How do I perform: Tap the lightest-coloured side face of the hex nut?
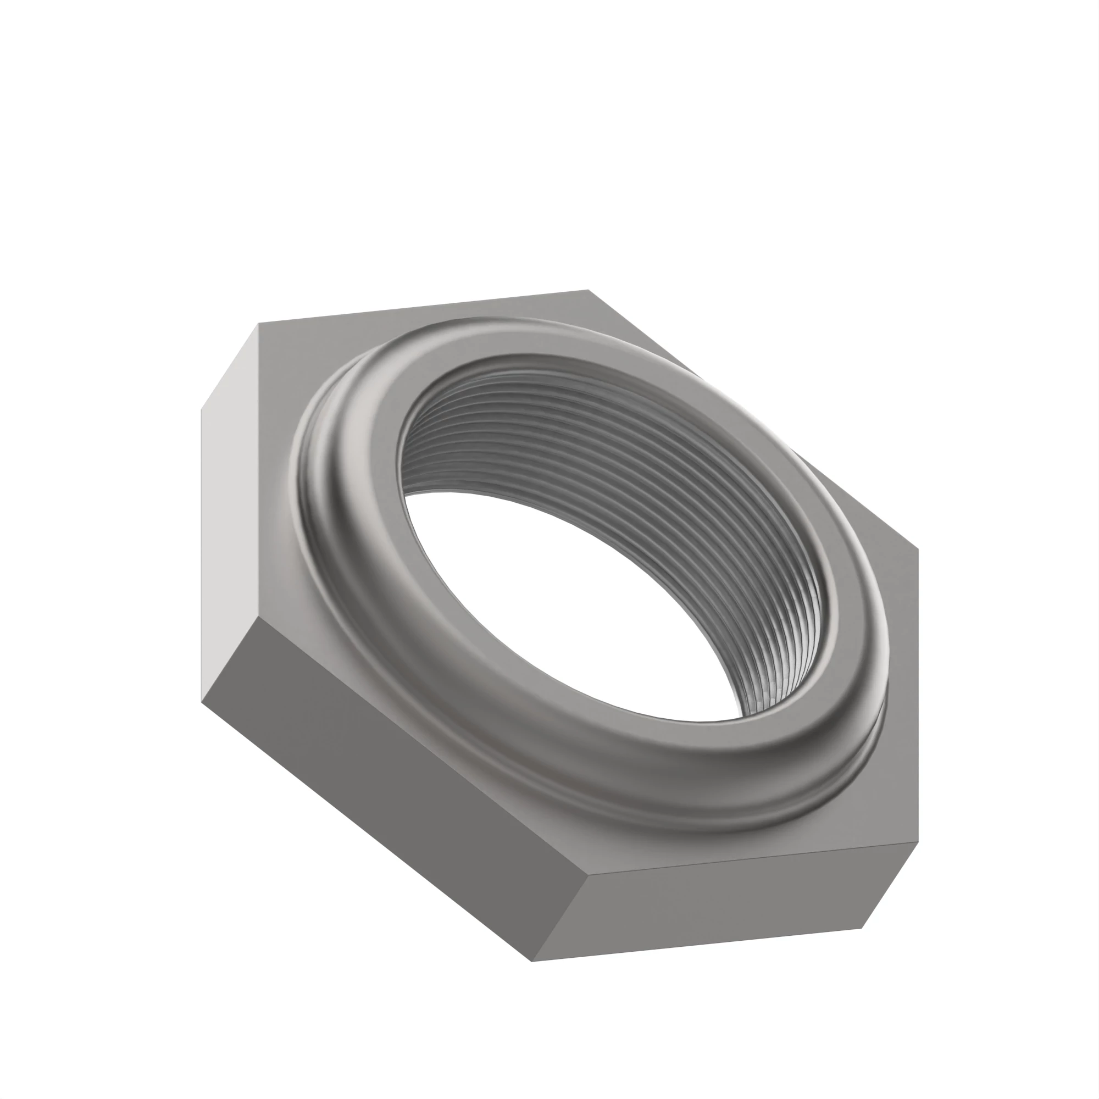pyautogui.click(x=230, y=512)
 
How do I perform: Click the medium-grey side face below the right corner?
pyautogui.click(x=723, y=910)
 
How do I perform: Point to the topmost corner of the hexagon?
pyautogui.click(x=589, y=290)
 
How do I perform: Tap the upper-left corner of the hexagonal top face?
pyautogui.click(x=258, y=324)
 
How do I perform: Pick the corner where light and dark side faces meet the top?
pyautogui.click(x=258, y=618)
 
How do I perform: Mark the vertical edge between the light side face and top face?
pyautogui.click(x=258, y=472)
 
